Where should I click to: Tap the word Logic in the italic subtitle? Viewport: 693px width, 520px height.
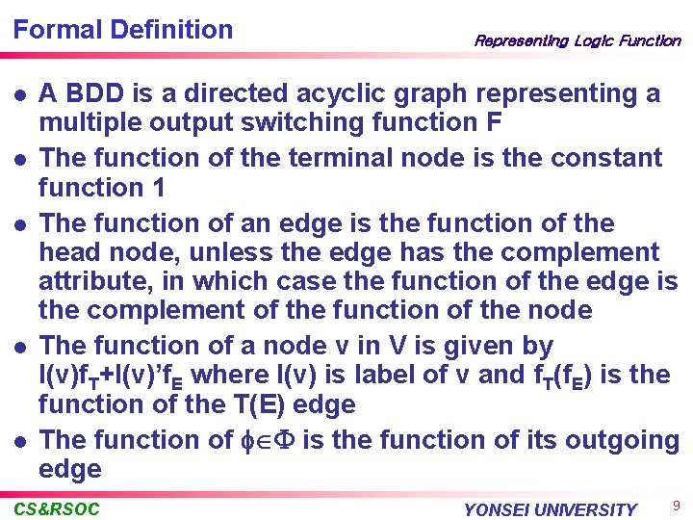pos(594,40)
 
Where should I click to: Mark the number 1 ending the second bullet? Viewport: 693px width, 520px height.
pos(158,187)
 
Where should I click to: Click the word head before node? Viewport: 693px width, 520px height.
pos(73,253)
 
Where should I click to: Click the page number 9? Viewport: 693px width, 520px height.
pos(676,505)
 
